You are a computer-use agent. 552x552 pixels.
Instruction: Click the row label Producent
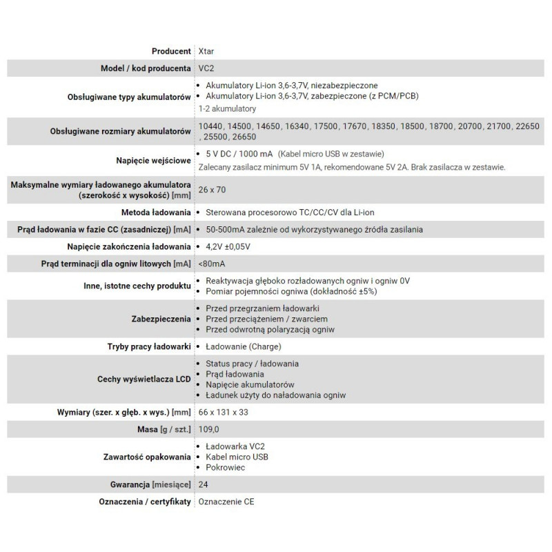(170, 51)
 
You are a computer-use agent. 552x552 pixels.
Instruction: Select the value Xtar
(206, 51)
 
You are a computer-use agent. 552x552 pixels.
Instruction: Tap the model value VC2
(205, 68)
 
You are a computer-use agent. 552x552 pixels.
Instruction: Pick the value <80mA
(210, 264)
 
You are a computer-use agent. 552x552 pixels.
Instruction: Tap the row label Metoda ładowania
(156, 213)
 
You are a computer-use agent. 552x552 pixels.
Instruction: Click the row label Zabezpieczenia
(160, 319)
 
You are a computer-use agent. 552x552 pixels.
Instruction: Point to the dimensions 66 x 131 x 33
(225, 412)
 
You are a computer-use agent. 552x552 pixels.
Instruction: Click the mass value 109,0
(208, 429)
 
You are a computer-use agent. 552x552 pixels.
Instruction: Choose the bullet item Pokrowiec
(226, 467)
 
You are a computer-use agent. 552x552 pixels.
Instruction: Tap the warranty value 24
(202, 484)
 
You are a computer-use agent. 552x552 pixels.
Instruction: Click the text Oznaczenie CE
(226, 502)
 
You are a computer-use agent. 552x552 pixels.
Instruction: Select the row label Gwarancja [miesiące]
(150, 484)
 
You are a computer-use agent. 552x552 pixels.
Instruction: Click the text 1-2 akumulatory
(227, 108)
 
